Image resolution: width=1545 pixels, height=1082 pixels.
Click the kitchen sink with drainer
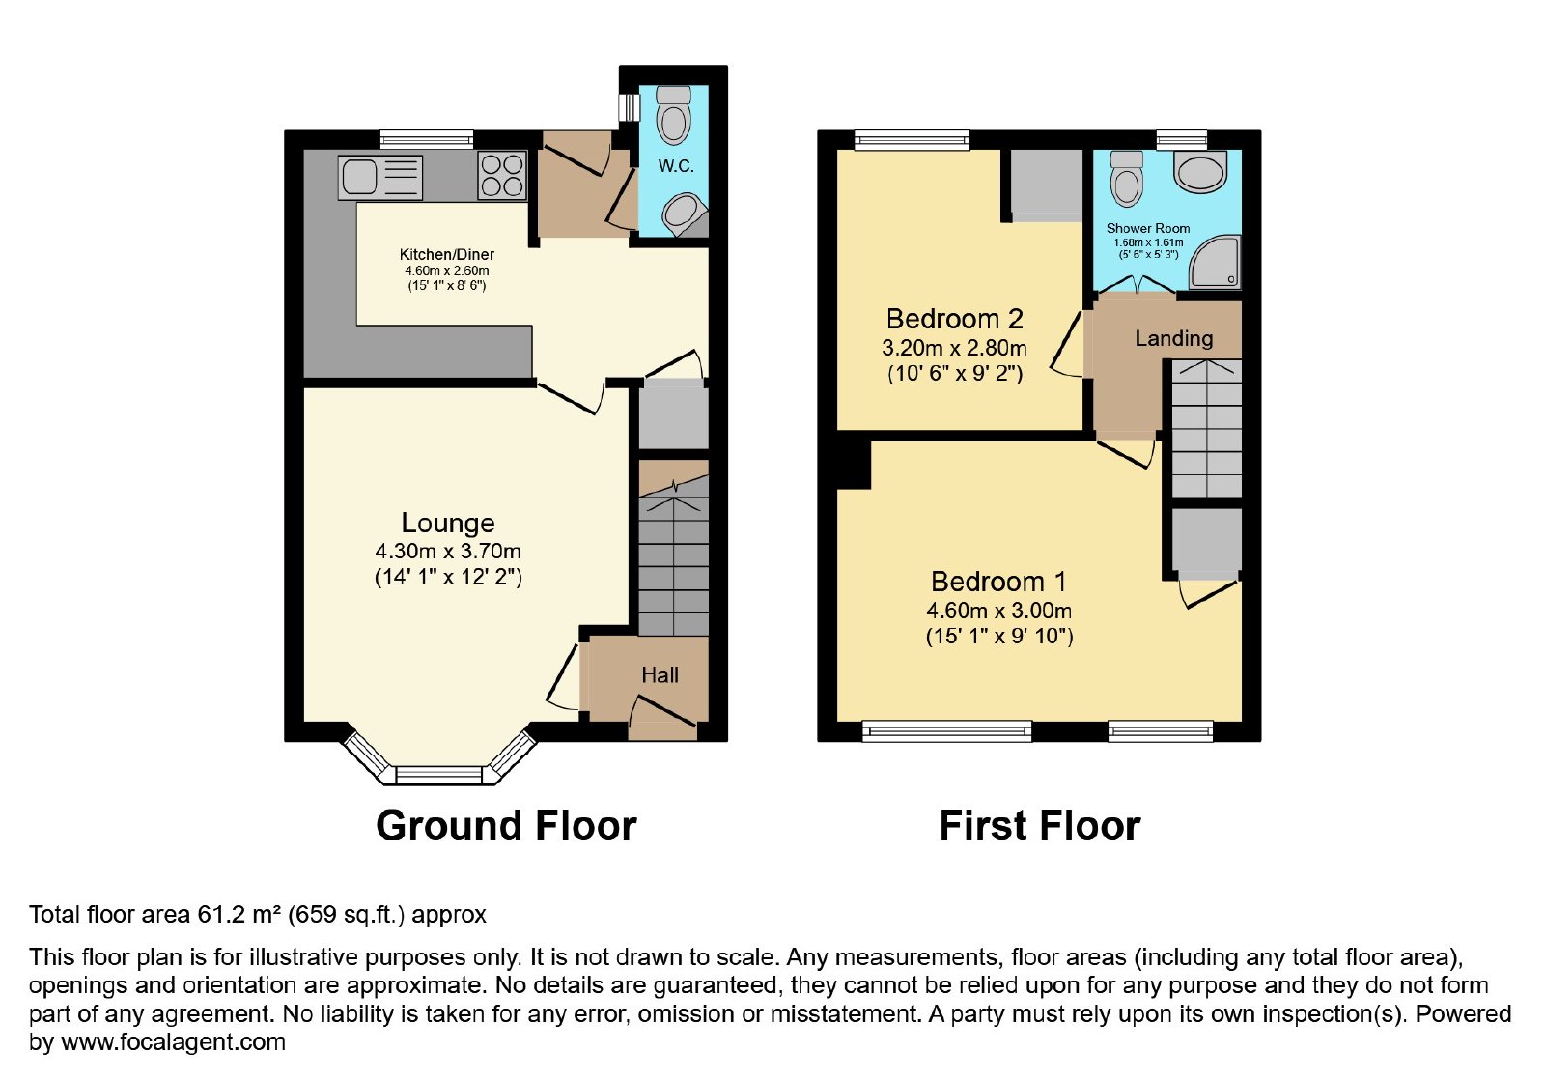379,178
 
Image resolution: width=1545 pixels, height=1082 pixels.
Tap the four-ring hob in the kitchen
502,176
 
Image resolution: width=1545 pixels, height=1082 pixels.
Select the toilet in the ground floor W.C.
673,115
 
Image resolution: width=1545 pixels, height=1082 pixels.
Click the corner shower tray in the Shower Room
1215,262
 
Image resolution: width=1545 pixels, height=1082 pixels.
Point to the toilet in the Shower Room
1127,178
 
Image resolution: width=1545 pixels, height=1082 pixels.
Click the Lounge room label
448,523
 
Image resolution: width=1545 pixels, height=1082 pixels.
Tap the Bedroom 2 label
955,319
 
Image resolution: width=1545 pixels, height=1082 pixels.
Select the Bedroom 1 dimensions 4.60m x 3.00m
998,611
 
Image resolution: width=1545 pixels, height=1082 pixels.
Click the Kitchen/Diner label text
447,254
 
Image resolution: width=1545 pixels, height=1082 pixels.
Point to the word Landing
1174,338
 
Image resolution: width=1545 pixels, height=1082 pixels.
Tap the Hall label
660,675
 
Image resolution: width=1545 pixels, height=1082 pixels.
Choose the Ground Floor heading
506,825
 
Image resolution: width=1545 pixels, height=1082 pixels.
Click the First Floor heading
1040,825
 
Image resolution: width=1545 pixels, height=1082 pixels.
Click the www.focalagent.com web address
173,1041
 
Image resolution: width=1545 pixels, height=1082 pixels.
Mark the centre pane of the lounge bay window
439,775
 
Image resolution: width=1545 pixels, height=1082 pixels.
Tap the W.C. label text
675,166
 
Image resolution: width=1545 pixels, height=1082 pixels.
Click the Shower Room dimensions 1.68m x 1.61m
1148,242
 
